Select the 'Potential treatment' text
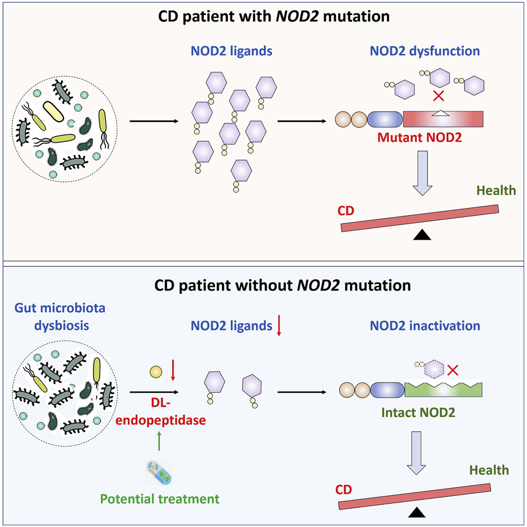point(175,498)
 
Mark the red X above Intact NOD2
point(452,369)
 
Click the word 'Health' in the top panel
point(495,190)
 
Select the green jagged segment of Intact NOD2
point(443,390)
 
